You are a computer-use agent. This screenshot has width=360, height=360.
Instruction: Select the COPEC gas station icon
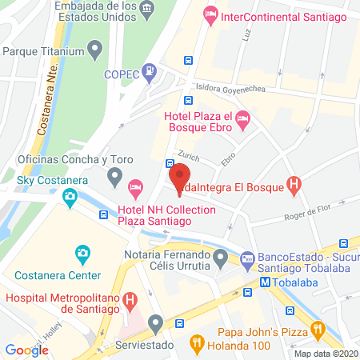click(x=149, y=73)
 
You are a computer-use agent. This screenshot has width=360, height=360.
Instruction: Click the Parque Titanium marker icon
click(x=95, y=52)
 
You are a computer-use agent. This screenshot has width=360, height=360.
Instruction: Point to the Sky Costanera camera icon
click(x=71, y=196)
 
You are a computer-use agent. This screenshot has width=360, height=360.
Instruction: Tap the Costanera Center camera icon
click(x=82, y=255)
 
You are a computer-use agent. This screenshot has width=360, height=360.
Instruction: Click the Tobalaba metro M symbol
click(x=264, y=282)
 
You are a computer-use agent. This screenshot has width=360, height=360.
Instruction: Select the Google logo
click(x=27, y=350)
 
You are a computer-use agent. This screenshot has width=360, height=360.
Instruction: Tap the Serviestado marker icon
click(x=156, y=322)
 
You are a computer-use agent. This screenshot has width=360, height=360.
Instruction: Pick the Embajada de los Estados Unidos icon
click(x=147, y=10)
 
